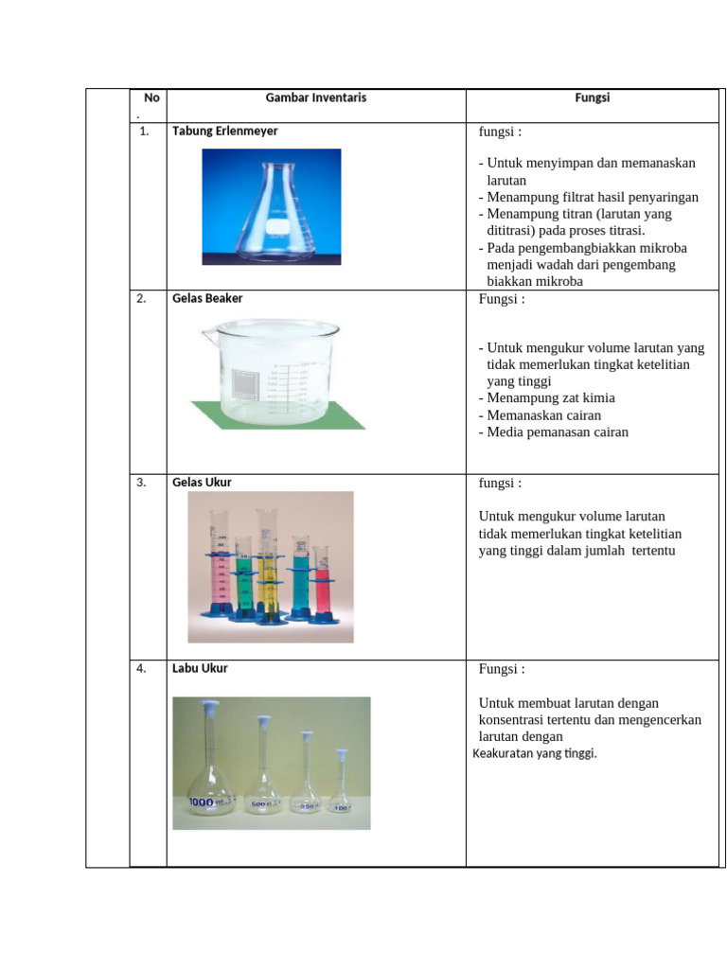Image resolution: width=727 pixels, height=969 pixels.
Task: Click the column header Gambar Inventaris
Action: pos(315,97)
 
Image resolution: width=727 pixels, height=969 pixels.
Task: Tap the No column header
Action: pos(151,97)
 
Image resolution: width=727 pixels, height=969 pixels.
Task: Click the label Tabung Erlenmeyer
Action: pos(224,132)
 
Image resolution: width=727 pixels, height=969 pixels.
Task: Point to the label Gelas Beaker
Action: pos(207,299)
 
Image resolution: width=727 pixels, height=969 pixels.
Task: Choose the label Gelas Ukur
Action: pos(202,483)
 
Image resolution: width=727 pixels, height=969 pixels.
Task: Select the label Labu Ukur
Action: pos(200,668)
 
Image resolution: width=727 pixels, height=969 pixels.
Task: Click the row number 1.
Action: pos(144,132)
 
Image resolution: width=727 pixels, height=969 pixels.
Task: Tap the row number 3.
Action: pos(141,483)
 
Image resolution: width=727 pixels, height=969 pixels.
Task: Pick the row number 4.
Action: pos(141,668)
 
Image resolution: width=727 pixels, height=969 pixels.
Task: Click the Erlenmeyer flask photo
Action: pos(272,206)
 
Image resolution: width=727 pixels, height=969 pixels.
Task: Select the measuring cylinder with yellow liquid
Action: pos(269,568)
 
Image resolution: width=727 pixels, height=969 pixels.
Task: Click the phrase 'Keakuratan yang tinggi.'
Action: pos(535,753)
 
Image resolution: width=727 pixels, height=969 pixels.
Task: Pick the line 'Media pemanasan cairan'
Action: pos(558,432)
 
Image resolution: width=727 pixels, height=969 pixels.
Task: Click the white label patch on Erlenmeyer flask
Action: pos(275,228)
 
